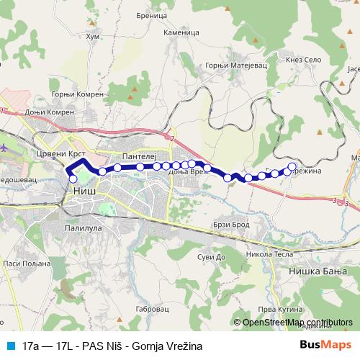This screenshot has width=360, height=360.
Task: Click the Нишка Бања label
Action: (318, 271)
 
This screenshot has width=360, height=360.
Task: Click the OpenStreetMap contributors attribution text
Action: (297, 323)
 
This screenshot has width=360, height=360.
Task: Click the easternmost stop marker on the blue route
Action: (292, 167)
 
